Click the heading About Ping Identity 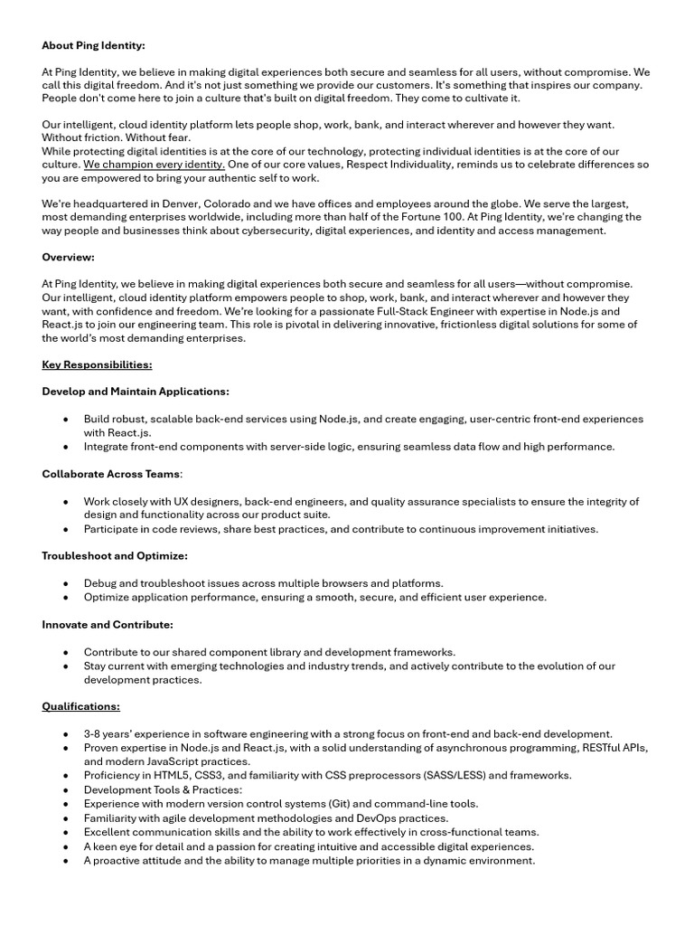click(93, 44)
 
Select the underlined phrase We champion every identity click(154, 165)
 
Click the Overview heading click(68, 257)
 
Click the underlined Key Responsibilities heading click(97, 364)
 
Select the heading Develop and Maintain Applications click(136, 392)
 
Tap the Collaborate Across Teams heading click(111, 474)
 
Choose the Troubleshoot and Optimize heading click(115, 555)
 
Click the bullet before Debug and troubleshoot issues click(66, 583)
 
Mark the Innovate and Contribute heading click(108, 624)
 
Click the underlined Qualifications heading click(80, 706)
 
